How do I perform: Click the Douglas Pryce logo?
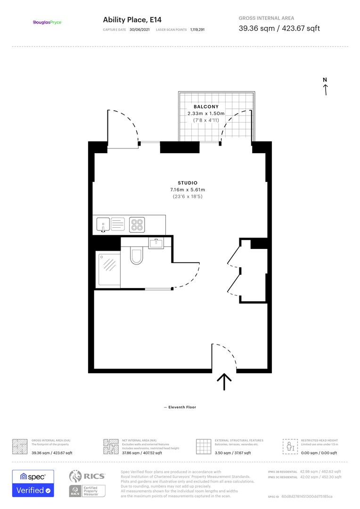(47, 22)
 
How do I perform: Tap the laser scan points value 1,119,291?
(197, 30)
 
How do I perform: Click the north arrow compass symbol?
(325, 87)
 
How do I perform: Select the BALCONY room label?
(206, 107)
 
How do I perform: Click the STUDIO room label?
(188, 183)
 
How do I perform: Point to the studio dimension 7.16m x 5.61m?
(188, 189)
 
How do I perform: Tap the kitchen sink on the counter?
(103, 224)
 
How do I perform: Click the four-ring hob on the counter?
(137, 224)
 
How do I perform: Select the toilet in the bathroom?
(137, 256)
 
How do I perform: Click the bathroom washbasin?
(155, 243)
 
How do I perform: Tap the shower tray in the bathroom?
(109, 269)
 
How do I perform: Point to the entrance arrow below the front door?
(224, 381)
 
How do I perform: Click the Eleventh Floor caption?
(180, 407)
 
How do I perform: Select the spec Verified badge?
(33, 483)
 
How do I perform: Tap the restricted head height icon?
(290, 446)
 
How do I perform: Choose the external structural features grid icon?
(203, 446)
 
